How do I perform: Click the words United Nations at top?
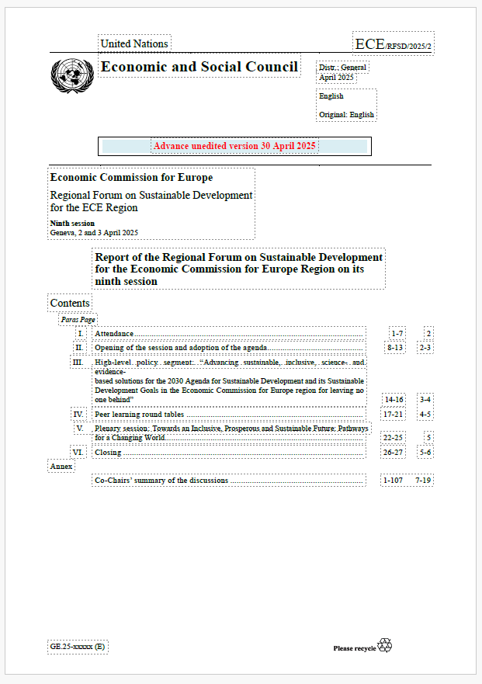coord(134,43)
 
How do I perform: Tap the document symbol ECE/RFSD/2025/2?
coord(393,44)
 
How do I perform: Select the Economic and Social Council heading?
coord(199,67)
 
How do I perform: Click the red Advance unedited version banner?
coord(234,146)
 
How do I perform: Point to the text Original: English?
coord(347,115)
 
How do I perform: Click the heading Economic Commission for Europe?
coord(131,178)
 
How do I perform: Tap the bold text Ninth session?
coord(72,224)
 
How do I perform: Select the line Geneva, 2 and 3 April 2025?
coord(94,232)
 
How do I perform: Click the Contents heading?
coord(70,303)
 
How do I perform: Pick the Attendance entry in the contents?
coord(114,333)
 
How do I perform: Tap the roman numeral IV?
coord(78,415)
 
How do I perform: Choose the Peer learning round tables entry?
coord(139,415)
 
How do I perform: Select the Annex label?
coord(61,467)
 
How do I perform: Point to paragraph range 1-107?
coord(392,481)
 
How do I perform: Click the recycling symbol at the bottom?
coord(385,645)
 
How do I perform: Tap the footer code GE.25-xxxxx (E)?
coord(78,646)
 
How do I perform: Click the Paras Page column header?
coord(78,319)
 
